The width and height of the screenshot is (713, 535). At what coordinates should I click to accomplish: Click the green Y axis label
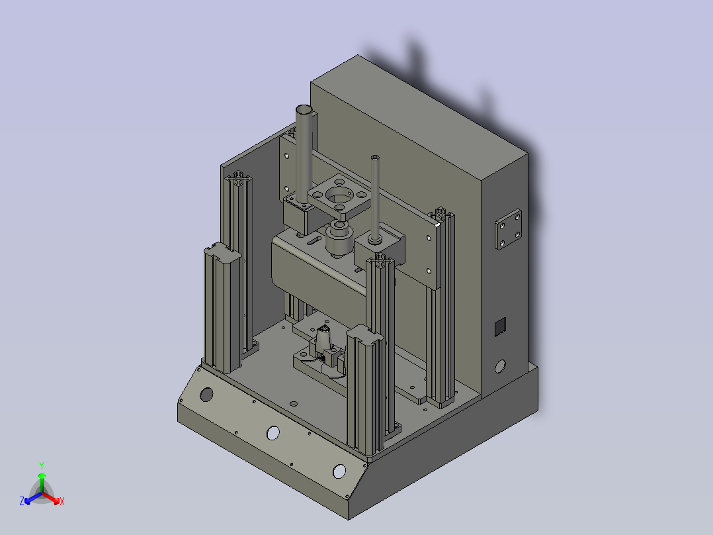[42, 465]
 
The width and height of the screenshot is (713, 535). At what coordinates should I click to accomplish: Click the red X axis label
[62, 501]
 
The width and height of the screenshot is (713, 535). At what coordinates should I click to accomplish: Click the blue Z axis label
[22, 501]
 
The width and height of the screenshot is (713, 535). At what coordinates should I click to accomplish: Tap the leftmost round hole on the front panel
[206, 395]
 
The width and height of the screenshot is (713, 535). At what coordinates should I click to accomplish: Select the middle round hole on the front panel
[273, 433]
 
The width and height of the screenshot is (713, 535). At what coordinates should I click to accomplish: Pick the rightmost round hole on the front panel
[339, 471]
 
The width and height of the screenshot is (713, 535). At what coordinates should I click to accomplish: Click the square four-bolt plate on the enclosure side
[508, 229]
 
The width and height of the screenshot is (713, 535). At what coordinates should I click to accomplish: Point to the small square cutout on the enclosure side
[500, 326]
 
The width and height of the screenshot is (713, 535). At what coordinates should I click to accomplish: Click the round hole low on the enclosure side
[500, 366]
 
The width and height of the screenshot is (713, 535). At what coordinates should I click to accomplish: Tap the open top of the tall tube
[304, 110]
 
